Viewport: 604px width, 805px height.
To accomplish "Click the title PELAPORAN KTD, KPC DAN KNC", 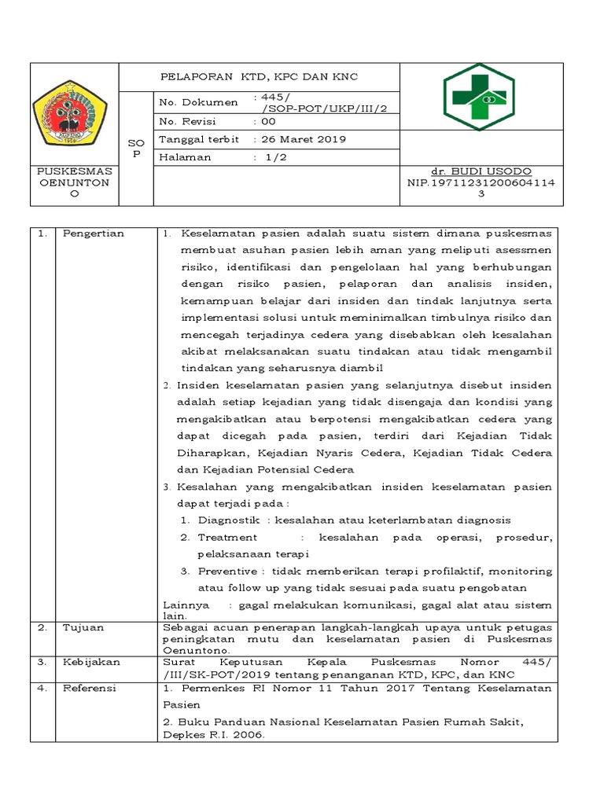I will [x=258, y=77].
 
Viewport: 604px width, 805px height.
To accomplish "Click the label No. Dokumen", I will [x=198, y=102].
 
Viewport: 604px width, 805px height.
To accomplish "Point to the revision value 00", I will [x=268, y=122].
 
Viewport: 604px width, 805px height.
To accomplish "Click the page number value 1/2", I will [x=274, y=156].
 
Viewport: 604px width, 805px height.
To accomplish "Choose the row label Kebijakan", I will [x=91, y=662].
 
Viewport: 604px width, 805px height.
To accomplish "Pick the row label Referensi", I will [x=89, y=688].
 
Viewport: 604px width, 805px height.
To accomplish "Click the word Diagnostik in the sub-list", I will [x=230, y=520].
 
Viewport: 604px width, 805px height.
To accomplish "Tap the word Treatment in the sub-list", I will [x=227, y=537].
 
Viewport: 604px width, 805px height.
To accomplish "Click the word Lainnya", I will [x=186, y=605].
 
